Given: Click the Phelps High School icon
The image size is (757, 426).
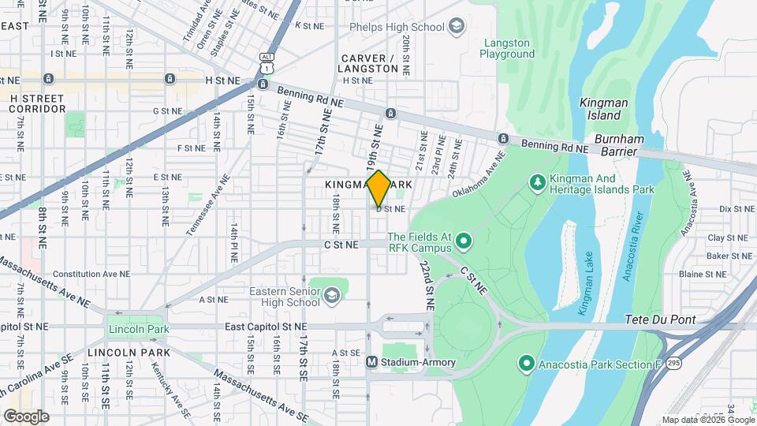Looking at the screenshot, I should (x=456, y=28).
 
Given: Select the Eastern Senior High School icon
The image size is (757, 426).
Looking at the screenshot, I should (x=331, y=295).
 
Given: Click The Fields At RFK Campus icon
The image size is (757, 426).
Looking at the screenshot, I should (x=464, y=240).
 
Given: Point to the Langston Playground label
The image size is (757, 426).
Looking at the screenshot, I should (x=508, y=48).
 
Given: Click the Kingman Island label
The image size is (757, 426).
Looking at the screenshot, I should (x=603, y=108).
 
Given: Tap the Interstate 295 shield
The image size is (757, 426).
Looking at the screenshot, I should (x=673, y=364).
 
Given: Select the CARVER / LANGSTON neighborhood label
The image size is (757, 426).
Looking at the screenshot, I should (x=370, y=64).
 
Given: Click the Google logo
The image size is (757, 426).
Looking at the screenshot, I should (x=26, y=416).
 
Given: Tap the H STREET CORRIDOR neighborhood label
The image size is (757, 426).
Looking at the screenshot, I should (x=38, y=102).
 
